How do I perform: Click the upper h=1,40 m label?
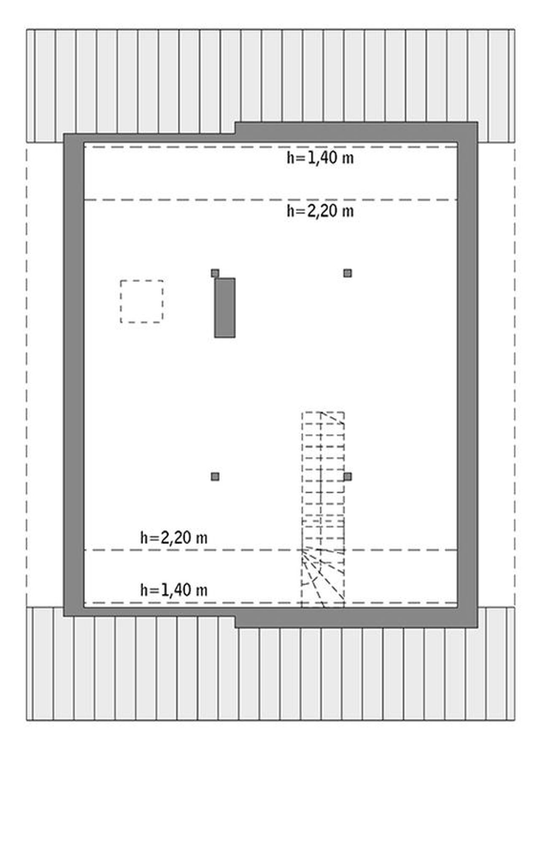[320, 158]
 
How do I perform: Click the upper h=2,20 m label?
[320, 211]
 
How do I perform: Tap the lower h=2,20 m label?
[174, 538]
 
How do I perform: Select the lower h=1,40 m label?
[174, 590]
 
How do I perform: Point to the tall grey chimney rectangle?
[225, 308]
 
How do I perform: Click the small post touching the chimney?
[215, 273]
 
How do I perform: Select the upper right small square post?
[348, 273]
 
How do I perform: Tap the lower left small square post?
[215, 477]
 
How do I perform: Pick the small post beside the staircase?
[348, 477]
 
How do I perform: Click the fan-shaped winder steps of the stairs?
[323, 578]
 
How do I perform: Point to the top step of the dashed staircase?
[323, 417]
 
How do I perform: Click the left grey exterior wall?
[74, 375]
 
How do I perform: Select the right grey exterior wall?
[467, 375]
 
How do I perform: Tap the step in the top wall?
[235, 128]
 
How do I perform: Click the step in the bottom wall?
[235, 622]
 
